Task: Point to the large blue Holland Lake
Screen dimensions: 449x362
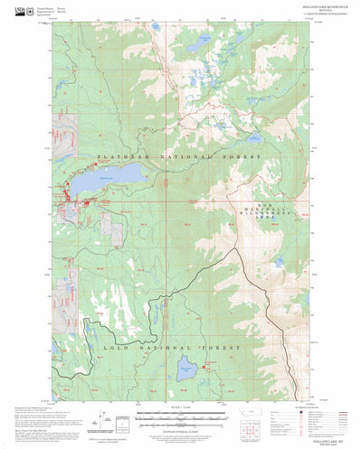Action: click(119, 175)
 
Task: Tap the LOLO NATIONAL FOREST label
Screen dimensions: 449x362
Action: click(171, 347)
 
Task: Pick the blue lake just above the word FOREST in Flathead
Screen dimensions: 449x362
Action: click(254, 138)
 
